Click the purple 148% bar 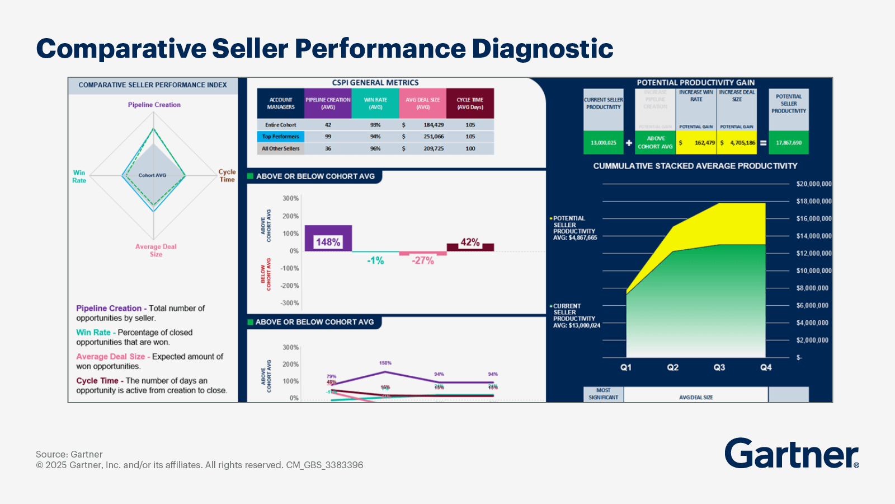click(328, 238)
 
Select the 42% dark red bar click(470, 247)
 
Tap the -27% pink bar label click(423, 260)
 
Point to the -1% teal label click(375, 260)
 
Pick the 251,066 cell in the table click(434, 137)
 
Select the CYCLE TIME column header click(470, 103)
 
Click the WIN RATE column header click(375, 103)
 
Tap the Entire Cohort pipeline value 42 click(328, 125)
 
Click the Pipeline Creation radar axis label click(154, 105)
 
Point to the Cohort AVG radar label click(152, 175)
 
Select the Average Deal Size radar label click(156, 250)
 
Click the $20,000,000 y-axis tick click(813, 184)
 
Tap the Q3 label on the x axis click(719, 367)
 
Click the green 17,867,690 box click(789, 143)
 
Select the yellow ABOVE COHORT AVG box click(655, 143)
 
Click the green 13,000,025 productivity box click(603, 143)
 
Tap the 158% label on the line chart click(385, 363)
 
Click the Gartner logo click(792, 453)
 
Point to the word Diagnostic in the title click(543, 49)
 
